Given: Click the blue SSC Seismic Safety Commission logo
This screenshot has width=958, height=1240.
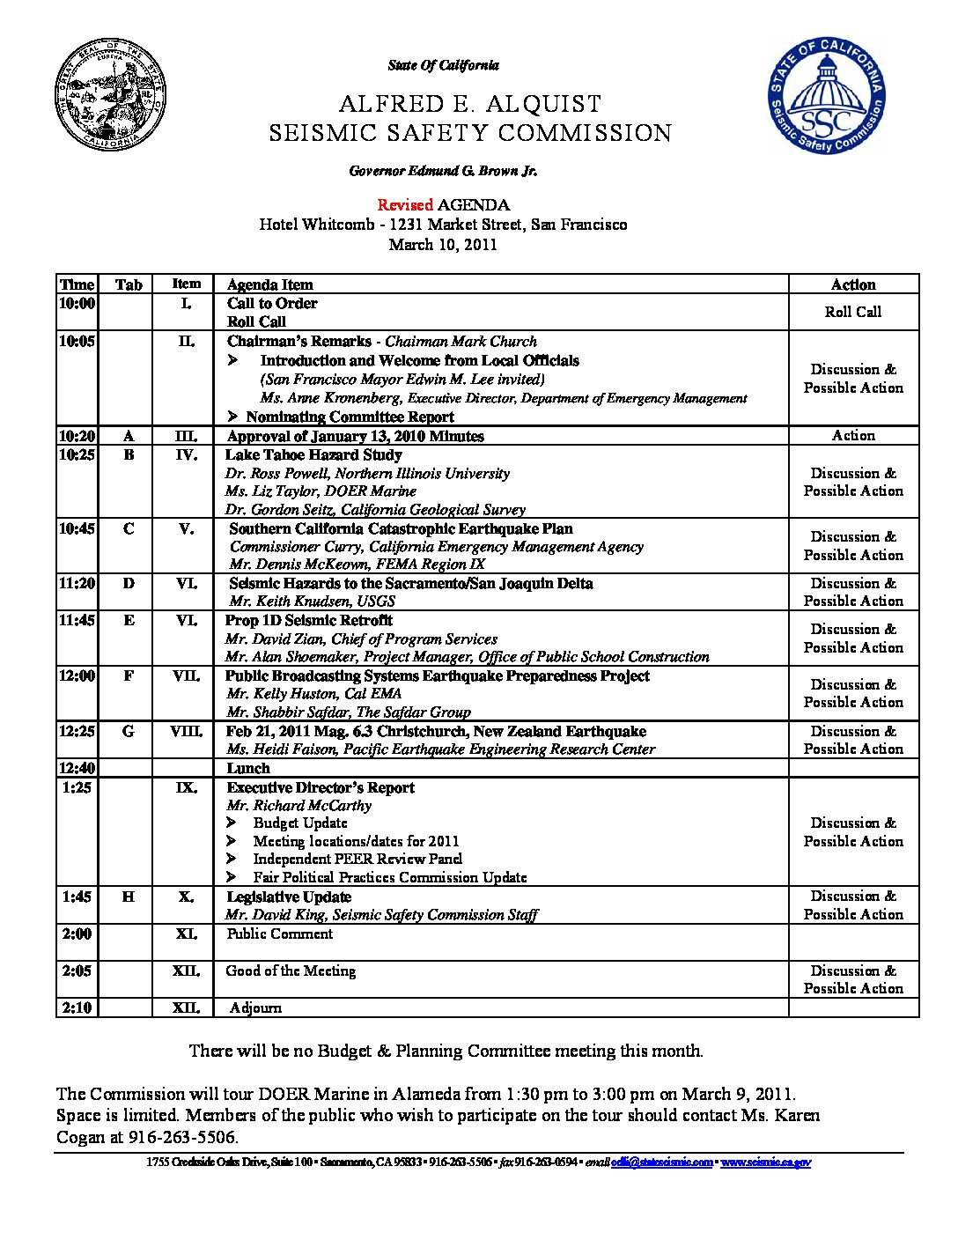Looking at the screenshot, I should pos(826,96).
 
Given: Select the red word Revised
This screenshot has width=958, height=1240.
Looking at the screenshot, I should pos(405,205).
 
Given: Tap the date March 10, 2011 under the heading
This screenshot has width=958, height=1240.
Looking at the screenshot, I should pos(443,245).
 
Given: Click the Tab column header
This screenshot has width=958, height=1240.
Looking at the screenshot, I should pos(129,284).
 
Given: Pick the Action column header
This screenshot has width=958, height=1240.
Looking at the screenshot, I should pos(852,284).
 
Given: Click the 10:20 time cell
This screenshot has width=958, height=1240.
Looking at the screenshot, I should pos(77,436).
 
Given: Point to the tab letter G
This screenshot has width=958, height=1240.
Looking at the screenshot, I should pos(129,731).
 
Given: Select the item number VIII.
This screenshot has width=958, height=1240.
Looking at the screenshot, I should pos(186,731).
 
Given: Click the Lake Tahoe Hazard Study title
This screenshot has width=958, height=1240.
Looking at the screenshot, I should pos(313,455).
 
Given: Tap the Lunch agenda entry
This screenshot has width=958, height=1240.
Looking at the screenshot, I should pos(248,768).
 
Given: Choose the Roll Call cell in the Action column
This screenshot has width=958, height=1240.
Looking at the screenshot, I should pos(852,312).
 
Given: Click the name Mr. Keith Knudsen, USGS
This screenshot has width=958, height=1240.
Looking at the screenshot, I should pos(312,602).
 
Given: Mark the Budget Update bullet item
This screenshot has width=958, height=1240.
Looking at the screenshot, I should pos(299,823).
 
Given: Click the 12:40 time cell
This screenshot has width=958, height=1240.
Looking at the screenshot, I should pos(77,768).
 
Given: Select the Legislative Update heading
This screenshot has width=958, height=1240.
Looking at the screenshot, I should pos(289,897).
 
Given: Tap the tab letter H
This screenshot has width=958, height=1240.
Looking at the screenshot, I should pos(129,897).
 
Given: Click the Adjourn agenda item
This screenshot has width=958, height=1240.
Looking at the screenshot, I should pos(255,1008).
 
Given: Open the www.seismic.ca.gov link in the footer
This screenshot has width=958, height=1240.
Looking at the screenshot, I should pos(765,1162).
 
